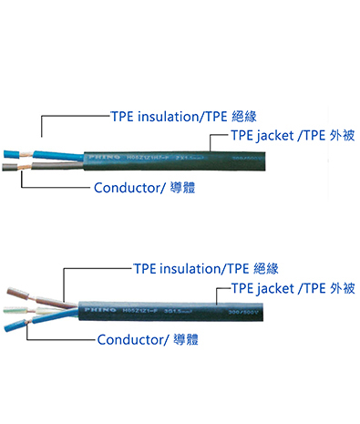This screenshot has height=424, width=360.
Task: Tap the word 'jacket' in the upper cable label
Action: [261, 138]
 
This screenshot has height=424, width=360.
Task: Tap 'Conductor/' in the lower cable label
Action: [136, 341]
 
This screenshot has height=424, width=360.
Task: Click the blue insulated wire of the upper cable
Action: [36, 154]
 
